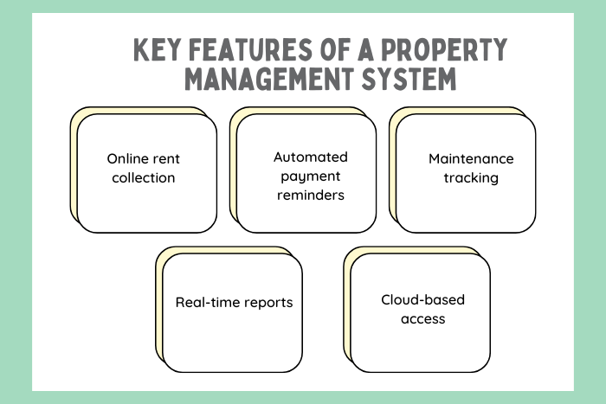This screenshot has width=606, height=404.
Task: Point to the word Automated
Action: tap(310, 157)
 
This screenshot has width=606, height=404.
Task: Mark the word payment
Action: tap(310, 176)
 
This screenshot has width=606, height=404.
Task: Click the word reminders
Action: tap(310, 196)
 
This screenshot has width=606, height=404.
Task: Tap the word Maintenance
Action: tap(471, 159)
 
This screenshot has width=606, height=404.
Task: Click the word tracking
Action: tap(471, 178)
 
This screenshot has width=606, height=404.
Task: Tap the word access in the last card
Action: tap(422, 319)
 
